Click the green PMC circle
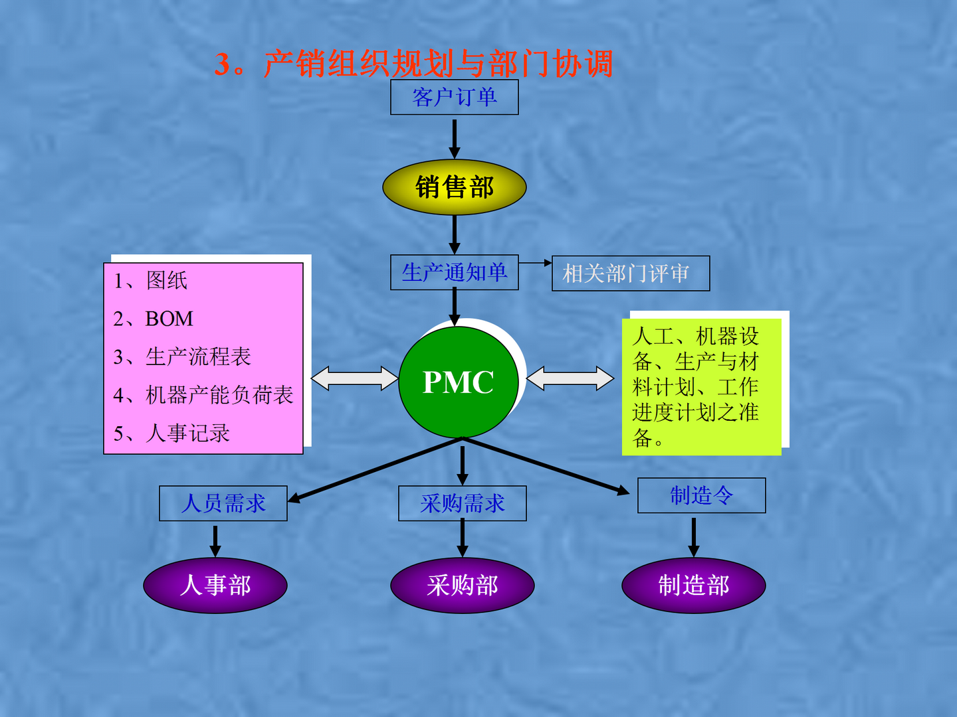click(458, 382)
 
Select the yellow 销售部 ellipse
click(455, 187)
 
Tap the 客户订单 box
click(455, 98)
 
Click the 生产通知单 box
click(455, 272)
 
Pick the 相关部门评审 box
click(630, 274)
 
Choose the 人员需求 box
click(223, 503)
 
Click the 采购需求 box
click(463, 503)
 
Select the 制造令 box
click(701, 495)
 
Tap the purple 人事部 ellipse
click(215, 586)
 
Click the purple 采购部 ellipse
click(463, 586)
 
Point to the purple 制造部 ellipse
click(694, 586)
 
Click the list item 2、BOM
click(154, 319)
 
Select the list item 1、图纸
click(151, 280)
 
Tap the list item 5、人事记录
click(172, 434)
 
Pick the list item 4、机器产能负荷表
click(203, 395)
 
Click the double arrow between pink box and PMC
click(354, 378)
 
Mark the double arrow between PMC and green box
click(570, 378)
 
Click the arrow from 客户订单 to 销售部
click(455, 138)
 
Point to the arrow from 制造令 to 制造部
click(694, 536)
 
